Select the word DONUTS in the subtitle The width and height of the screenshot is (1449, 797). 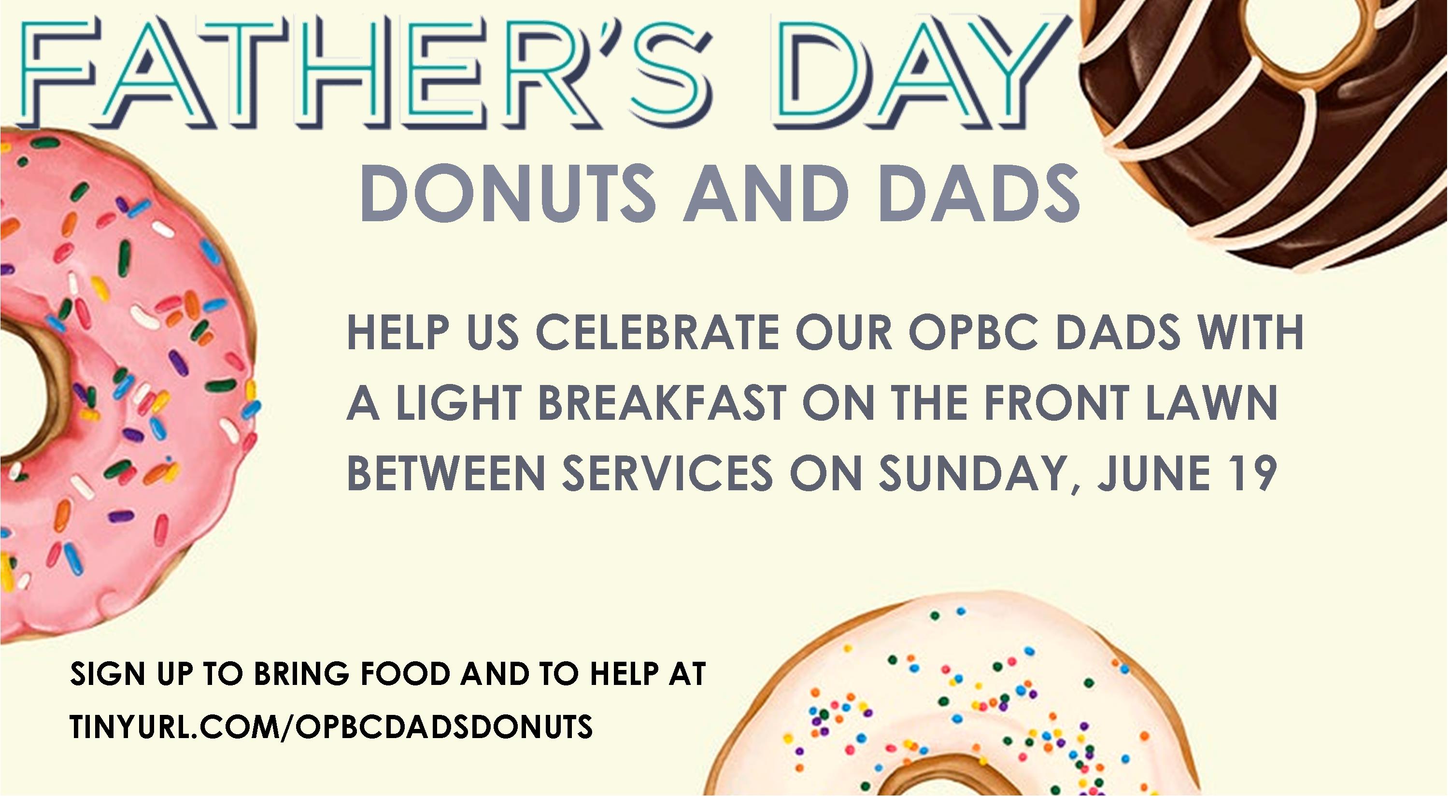point(508,192)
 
